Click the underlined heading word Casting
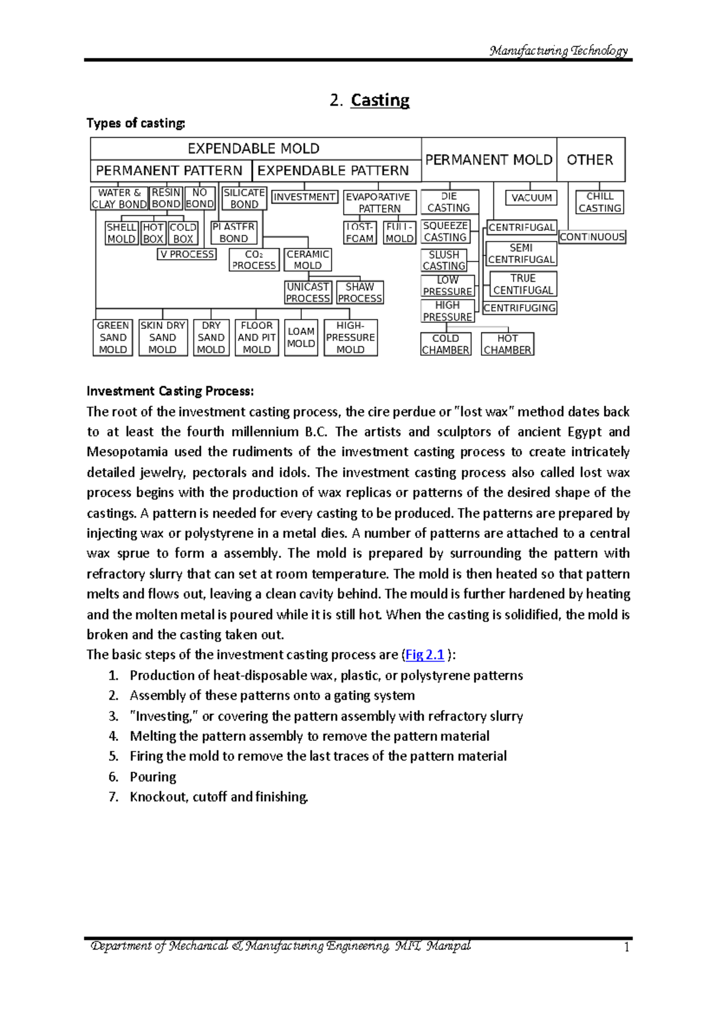pyautogui.click(x=380, y=100)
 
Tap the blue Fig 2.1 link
pyautogui.click(x=424, y=655)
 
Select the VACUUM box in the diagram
pyautogui.click(x=531, y=198)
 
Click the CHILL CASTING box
pyautogui.click(x=600, y=202)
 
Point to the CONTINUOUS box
pyautogui.click(x=592, y=237)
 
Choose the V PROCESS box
pyautogui.click(x=187, y=254)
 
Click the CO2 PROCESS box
pyautogui.click(x=254, y=260)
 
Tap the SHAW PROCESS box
pyautogui.click(x=359, y=292)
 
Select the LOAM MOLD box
pyautogui.click(x=301, y=337)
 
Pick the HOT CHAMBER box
pyautogui.click(x=507, y=344)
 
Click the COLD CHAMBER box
pyautogui.click(x=445, y=344)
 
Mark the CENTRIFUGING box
pyautogui.click(x=519, y=308)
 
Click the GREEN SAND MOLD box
pyautogui.click(x=113, y=337)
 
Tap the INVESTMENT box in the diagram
pyautogui.click(x=304, y=197)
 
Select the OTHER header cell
pyautogui.click(x=590, y=159)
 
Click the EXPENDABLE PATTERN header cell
pyautogui.click(x=333, y=171)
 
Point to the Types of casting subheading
pyautogui.click(x=136, y=123)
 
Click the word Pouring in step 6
pyautogui.click(x=153, y=777)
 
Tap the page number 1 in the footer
pyautogui.click(x=626, y=947)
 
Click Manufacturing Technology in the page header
pyautogui.click(x=558, y=51)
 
